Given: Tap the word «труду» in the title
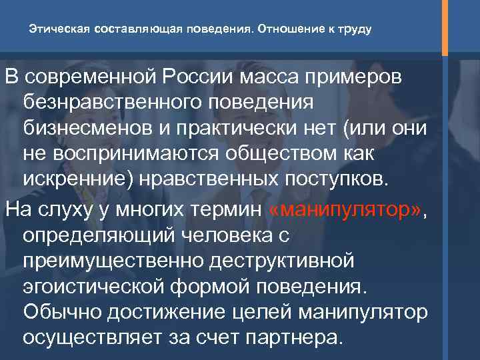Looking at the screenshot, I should (x=352, y=30).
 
